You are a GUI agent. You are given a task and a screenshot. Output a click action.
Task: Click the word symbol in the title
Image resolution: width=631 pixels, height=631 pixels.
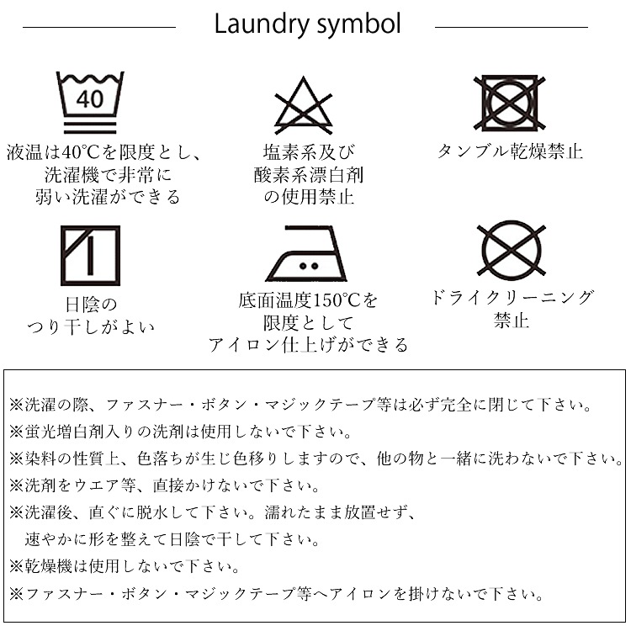coord(359,25)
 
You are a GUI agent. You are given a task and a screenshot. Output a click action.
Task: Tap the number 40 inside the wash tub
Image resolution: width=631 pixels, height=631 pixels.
coord(90,99)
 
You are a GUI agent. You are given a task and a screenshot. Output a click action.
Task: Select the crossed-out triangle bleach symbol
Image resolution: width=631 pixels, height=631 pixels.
coord(304,105)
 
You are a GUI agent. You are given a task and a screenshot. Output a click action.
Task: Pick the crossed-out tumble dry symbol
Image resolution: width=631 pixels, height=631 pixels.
coord(510,103)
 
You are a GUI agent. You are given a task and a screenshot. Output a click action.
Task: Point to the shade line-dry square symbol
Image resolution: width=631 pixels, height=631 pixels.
coord(90,256)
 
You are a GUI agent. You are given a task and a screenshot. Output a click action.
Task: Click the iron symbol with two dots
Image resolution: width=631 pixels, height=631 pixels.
coord(306,252)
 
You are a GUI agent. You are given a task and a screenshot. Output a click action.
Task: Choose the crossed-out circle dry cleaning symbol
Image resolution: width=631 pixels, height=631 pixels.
coord(511,248)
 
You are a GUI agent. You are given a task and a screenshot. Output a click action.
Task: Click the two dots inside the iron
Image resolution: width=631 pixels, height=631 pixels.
coord(309,266)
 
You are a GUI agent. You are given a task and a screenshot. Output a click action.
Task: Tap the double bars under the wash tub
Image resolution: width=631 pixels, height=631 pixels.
coord(90,127)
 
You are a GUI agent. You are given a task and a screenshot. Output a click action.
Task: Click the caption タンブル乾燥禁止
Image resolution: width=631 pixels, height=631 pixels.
coord(511,151)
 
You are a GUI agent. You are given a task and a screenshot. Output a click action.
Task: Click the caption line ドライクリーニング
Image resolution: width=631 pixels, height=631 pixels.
coord(512,298)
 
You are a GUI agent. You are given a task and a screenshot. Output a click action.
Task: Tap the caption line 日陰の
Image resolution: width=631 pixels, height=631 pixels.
coord(91,305)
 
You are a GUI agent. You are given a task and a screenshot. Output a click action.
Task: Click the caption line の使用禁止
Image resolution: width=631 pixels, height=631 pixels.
coord(309,197)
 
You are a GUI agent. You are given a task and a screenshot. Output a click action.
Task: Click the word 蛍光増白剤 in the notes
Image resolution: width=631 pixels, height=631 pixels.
coord(65,432)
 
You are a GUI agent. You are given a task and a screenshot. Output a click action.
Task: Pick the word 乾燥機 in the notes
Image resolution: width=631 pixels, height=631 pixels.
coord(48,566)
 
